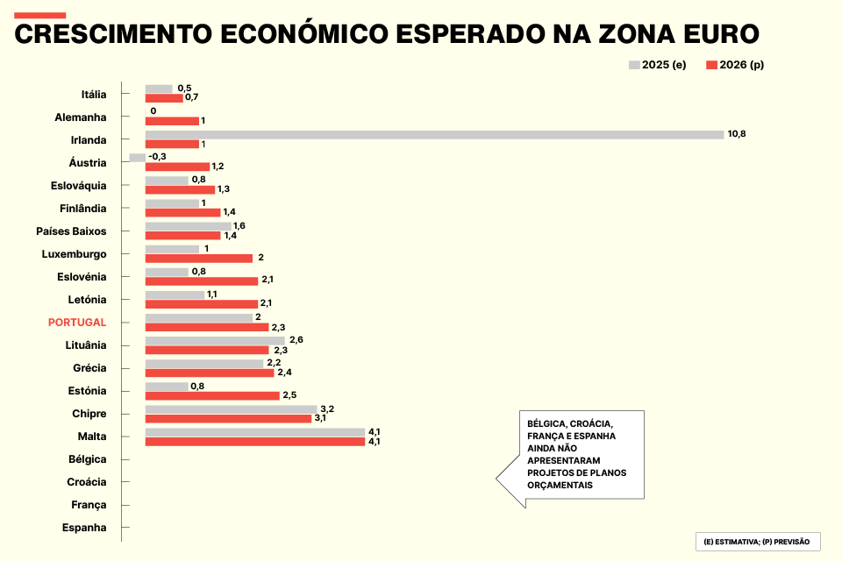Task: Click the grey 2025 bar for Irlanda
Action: click(434, 135)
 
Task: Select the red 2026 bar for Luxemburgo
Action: click(198, 258)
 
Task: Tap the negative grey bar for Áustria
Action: click(137, 158)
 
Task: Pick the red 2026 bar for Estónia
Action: click(212, 395)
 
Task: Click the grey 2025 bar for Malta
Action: click(254, 432)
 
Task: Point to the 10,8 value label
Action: click(737, 134)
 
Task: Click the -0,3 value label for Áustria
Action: click(158, 156)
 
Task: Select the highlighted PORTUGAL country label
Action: click(77, 323)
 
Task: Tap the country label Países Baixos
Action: click(71, 231)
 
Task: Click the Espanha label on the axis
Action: click(84, 528)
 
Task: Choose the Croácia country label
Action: click(87, 482)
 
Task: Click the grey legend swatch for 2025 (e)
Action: click(634, 65)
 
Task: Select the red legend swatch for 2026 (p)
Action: click(711, 65)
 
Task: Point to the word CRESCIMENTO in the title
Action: click(112, 35)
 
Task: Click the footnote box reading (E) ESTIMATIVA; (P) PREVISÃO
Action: click(757, 542)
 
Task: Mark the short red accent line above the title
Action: click(40, 15)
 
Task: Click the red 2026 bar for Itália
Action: click(164, 97)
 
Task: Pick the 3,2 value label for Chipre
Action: click(327, 409)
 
